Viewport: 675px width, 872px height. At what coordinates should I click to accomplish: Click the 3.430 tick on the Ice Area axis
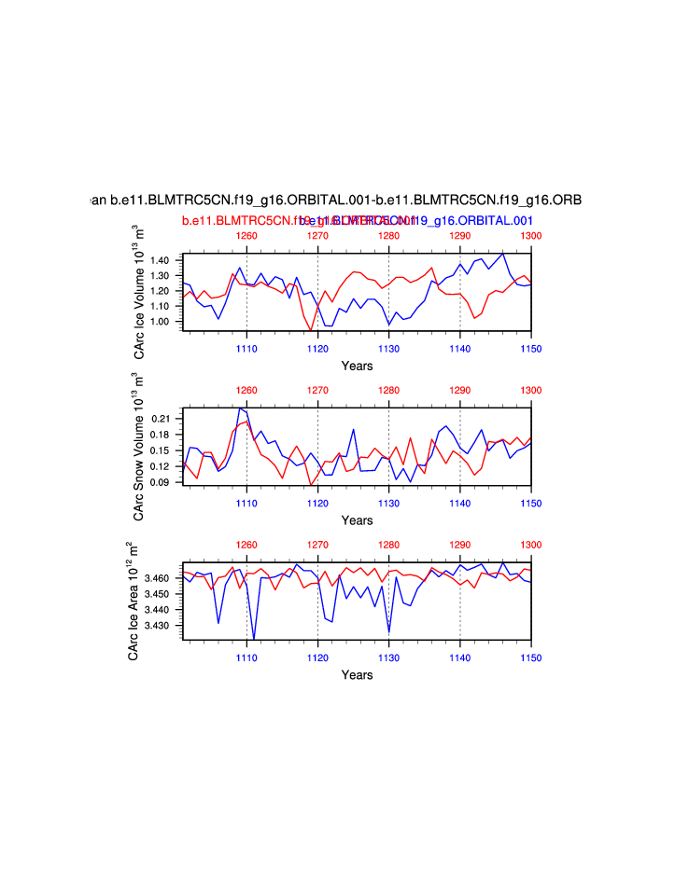click(160, 626)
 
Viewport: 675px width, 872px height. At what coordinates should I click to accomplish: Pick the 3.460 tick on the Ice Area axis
click(160, 578)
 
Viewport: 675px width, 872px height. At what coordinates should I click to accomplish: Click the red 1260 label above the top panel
click(246, 236)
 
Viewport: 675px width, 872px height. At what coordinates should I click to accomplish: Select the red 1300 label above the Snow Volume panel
click(530, 390)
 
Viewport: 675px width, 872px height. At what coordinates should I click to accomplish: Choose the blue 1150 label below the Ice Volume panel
click(530, 348)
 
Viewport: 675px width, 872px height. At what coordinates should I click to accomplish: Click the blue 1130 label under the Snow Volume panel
click(388, 503)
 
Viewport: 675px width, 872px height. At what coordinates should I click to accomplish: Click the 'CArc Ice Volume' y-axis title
click(138, 291)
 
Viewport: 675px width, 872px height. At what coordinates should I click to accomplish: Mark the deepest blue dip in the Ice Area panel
click(254, 639)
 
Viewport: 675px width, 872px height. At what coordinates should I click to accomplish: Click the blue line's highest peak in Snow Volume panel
click(240, 408)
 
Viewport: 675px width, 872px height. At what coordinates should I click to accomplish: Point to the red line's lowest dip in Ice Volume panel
click(311, 329)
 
